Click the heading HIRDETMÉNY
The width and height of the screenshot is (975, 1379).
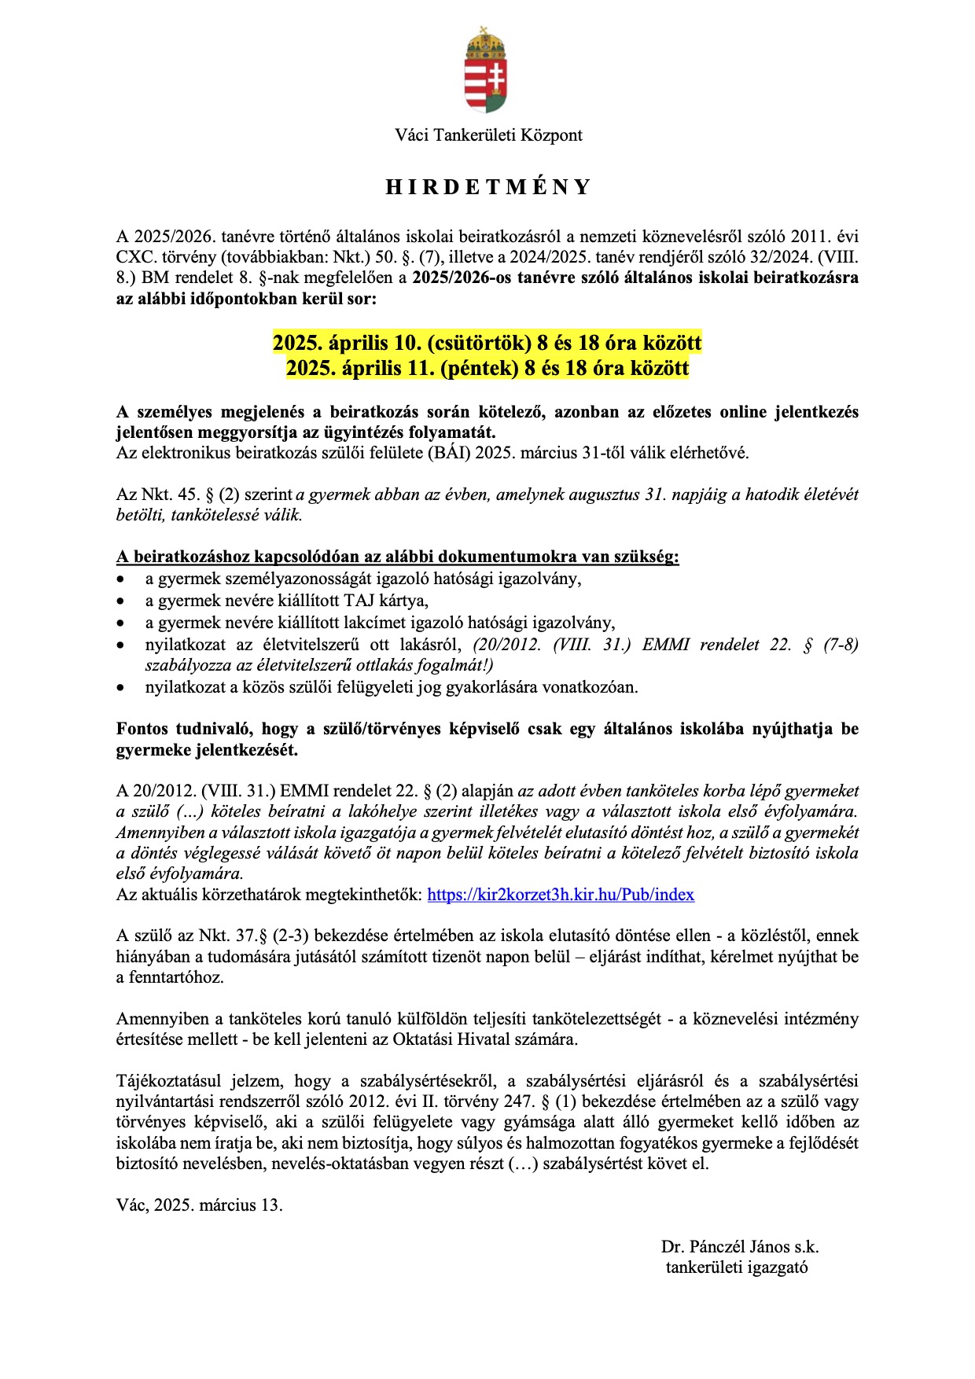487,187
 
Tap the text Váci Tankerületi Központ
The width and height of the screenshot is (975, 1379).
488,135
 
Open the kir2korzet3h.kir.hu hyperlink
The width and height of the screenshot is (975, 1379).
561,895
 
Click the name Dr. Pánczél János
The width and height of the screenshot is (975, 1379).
725,1247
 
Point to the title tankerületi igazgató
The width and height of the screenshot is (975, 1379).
737,1267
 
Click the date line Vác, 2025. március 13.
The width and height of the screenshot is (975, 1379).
200,1205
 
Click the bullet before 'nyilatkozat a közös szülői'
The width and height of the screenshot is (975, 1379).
121,688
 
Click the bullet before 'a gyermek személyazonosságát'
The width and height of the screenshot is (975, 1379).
121,580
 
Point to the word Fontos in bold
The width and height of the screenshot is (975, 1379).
142,729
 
